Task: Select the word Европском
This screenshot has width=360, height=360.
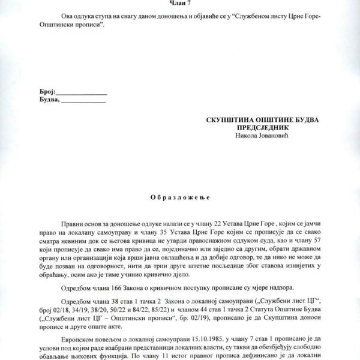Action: click(x=77, y=340)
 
